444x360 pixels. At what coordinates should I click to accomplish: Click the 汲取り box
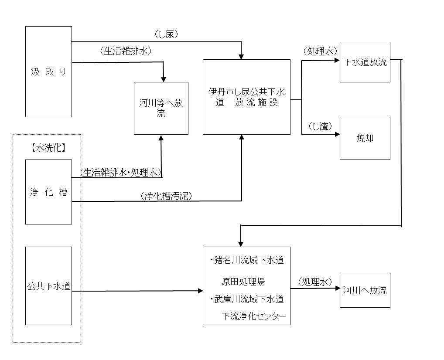pyautogui.click(x=48, y=71)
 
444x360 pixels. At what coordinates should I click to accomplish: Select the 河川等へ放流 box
pyautogui.click(x=161, y=108)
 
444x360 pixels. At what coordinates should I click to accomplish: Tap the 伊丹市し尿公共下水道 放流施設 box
pyautogui.click(x=246, y=97)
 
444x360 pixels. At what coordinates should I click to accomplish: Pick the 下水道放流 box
pyautogui.click(x=365, y=62)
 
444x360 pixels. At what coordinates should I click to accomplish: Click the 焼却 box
pyautogui.click(x=365, y=138)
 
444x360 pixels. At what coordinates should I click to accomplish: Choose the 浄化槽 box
pyautogui.click(x=48, y=192)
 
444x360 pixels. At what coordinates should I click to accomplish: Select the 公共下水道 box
pyautogui.click(x=48, y=286)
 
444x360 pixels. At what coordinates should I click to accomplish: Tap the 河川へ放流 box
pyautogui.click(x=365, y=290)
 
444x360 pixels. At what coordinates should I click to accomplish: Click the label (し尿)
pyautogui.click(x=166, y=34)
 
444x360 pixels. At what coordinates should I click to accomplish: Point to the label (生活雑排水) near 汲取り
pyautogui.click(x=125, y=51)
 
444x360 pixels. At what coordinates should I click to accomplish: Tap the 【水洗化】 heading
pyautogui.click(x=48, y=148)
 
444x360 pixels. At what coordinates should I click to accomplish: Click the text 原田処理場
pyautogui.click(x=243, y=282)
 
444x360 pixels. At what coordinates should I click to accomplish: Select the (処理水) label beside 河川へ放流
pyautogui.click(x=314, y=282)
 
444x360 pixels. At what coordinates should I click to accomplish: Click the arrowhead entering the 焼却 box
pyautogui.click(x=337, y=134)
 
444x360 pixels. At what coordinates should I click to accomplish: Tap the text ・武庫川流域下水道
pyautogui.click(x=246, y=299)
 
